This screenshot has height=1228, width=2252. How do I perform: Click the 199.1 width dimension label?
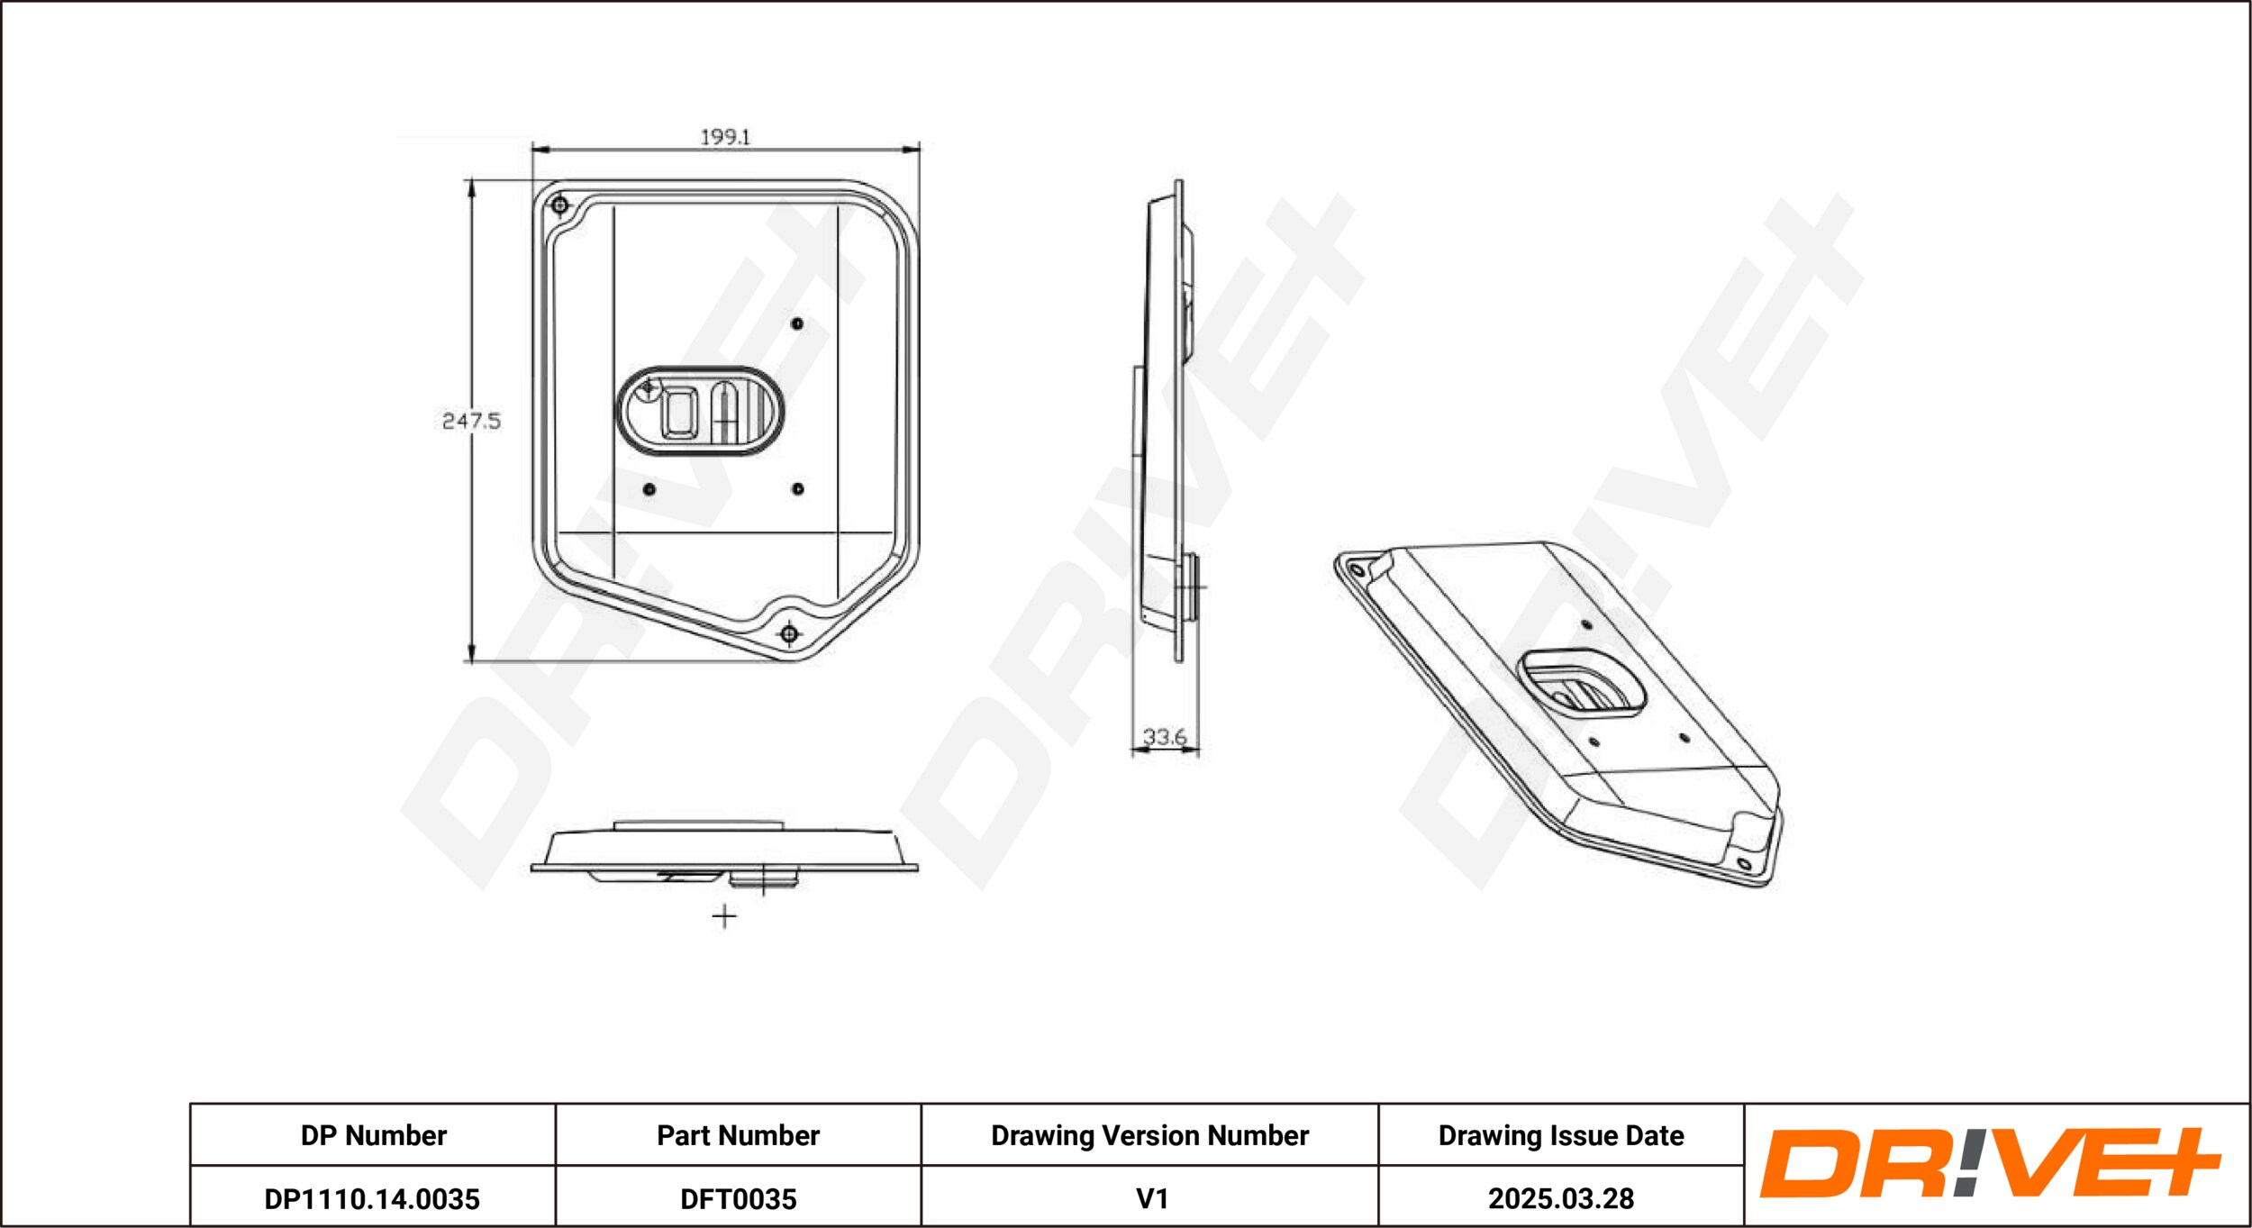(x=725, y=137)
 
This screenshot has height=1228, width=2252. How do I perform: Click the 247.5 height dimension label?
(x=470, y=421)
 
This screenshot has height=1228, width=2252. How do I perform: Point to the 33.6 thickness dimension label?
(x=1164, y=737)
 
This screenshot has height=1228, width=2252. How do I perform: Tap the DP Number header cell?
(x=373, y=1135)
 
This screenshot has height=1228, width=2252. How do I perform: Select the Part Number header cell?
(x=738, y=1135)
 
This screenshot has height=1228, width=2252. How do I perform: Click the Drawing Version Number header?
(x=1149, y=1135)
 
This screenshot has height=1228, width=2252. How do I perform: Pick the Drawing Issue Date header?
(x=1560, y=1135)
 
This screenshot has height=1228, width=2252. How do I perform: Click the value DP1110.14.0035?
(x=372, y=1199)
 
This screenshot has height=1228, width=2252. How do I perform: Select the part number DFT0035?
(x=738, y=1199)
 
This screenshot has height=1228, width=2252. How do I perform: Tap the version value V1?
(x=1151, y=1199)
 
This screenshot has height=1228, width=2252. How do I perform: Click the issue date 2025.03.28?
(x=1560, y=1199)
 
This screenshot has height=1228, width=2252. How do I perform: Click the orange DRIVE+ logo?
(x=1990, y=1163)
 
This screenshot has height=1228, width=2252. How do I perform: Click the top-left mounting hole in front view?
(x=559, y=205)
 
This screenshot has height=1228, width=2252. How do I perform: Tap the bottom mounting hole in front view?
(x=789, y=634)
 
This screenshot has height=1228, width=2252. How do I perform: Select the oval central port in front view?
(x=700, y=411)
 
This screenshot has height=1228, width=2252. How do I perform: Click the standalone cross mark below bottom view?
(x=724, y=917)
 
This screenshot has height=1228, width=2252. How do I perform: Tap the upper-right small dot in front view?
(x=797, y=323)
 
